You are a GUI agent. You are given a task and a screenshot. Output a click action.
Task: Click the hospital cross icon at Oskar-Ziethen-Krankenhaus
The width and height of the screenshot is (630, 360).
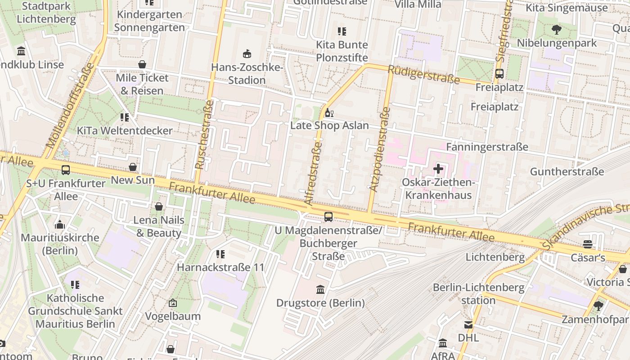click(x=438, y=169)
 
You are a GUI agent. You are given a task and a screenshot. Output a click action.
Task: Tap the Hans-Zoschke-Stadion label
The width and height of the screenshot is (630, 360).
click(x=247, y=74)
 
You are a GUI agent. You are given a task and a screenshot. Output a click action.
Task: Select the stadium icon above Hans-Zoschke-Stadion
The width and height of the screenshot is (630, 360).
click(x=247, y=54)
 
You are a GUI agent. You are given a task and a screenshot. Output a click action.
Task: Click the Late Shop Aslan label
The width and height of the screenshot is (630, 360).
click(x=329, y=126)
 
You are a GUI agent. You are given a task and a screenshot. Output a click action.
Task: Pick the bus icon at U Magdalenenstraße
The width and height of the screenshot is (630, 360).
click(x=328, y=217)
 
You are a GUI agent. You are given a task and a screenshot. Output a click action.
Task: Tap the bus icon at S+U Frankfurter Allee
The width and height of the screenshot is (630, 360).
click(x=66, y=170)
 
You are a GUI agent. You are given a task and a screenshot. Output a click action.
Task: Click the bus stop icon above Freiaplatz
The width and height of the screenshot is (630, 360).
click(x=499, y=74)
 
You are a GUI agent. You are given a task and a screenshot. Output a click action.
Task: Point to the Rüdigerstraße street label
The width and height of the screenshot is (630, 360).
click(x=423, y=75)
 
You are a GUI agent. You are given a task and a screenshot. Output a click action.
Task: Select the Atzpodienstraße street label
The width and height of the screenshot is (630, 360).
click(x=379, y=149)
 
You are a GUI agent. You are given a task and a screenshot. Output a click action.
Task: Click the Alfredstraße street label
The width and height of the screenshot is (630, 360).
click(x=314, y=174)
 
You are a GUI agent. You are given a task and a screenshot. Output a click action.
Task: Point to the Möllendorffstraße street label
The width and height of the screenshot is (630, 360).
click(x=71, y=106)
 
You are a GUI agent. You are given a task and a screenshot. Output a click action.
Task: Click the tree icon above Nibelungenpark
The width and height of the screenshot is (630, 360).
click(x=557, y=30)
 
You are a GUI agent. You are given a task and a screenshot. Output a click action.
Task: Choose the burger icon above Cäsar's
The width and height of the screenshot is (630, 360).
click(x=587, y=244)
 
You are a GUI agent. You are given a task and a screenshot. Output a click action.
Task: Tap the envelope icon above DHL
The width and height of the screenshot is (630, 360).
click(x=468, y=324)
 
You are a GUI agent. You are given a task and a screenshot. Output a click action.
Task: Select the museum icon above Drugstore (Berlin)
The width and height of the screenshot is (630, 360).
click(x=320, y=289)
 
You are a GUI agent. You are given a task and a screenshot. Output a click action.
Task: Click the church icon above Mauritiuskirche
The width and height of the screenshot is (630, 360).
click(x=60, y=225)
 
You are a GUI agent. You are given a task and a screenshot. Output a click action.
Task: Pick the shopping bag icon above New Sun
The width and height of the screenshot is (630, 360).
click(x=133, y=167)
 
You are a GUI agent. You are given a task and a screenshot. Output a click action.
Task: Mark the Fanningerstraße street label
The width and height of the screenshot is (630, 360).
click(x=487, y=147)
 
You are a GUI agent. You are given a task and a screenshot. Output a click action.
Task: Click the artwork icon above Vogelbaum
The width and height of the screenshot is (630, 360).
click(x=172, y=303)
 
